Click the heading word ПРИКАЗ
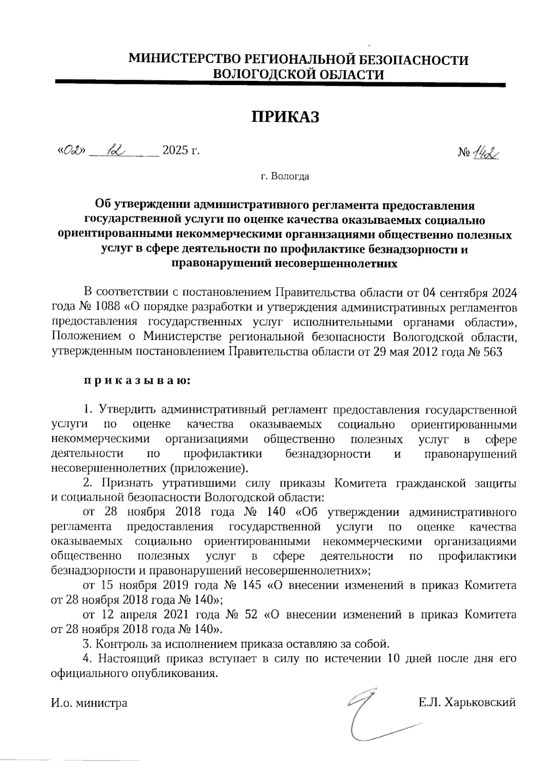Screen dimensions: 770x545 [286, 117]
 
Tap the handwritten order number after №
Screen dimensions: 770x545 [485, 155]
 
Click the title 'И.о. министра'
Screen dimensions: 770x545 [89, 703]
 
